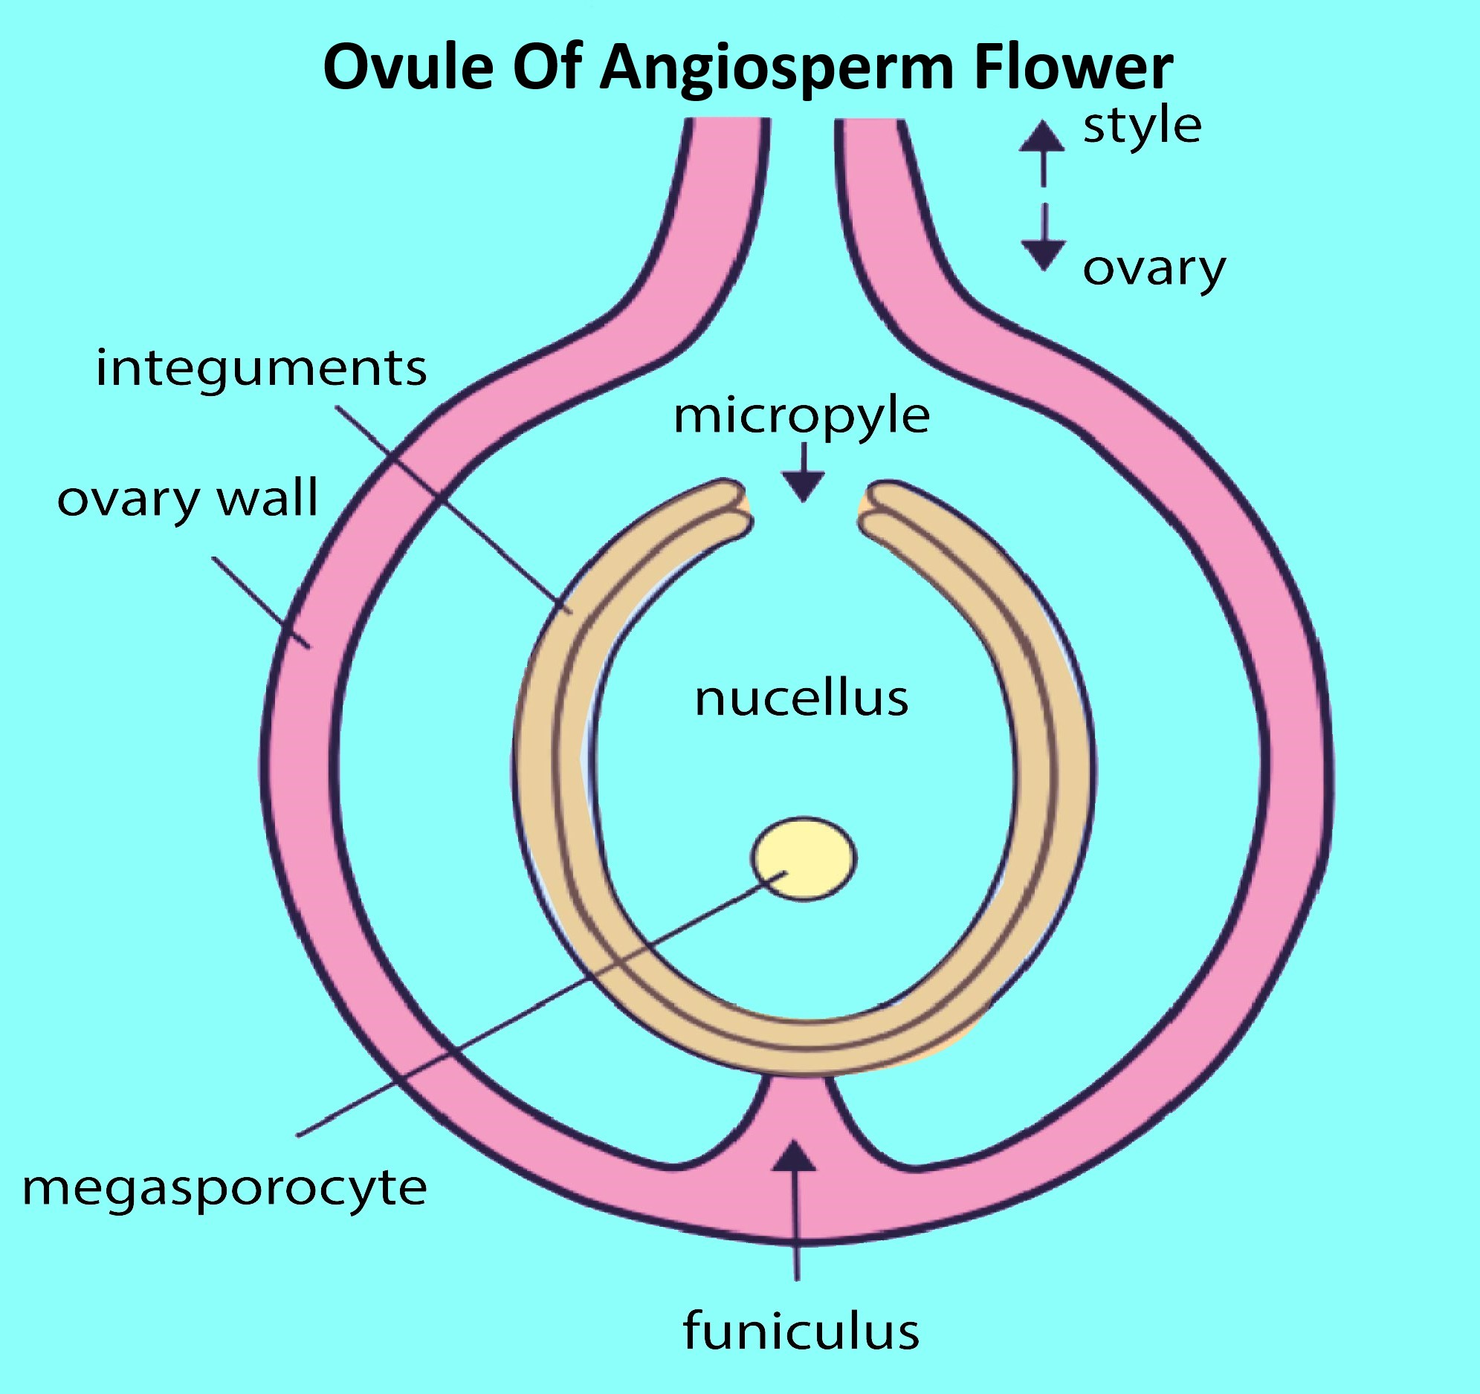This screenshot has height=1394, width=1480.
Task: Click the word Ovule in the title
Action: [408, 68]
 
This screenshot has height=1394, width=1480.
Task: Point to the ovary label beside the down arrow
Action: [1153, 270]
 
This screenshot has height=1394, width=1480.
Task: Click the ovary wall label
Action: [187, 500]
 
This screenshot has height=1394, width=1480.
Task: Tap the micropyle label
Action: [801, 417]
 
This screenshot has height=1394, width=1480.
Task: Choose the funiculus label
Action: [801, 1332]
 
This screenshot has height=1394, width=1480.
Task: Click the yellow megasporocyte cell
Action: [804, 859]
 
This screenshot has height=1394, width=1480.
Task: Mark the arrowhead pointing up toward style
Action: [1041, 137]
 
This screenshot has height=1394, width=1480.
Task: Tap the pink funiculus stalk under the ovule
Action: [798, 1116]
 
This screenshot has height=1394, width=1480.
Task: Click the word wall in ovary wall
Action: [268, 499]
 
